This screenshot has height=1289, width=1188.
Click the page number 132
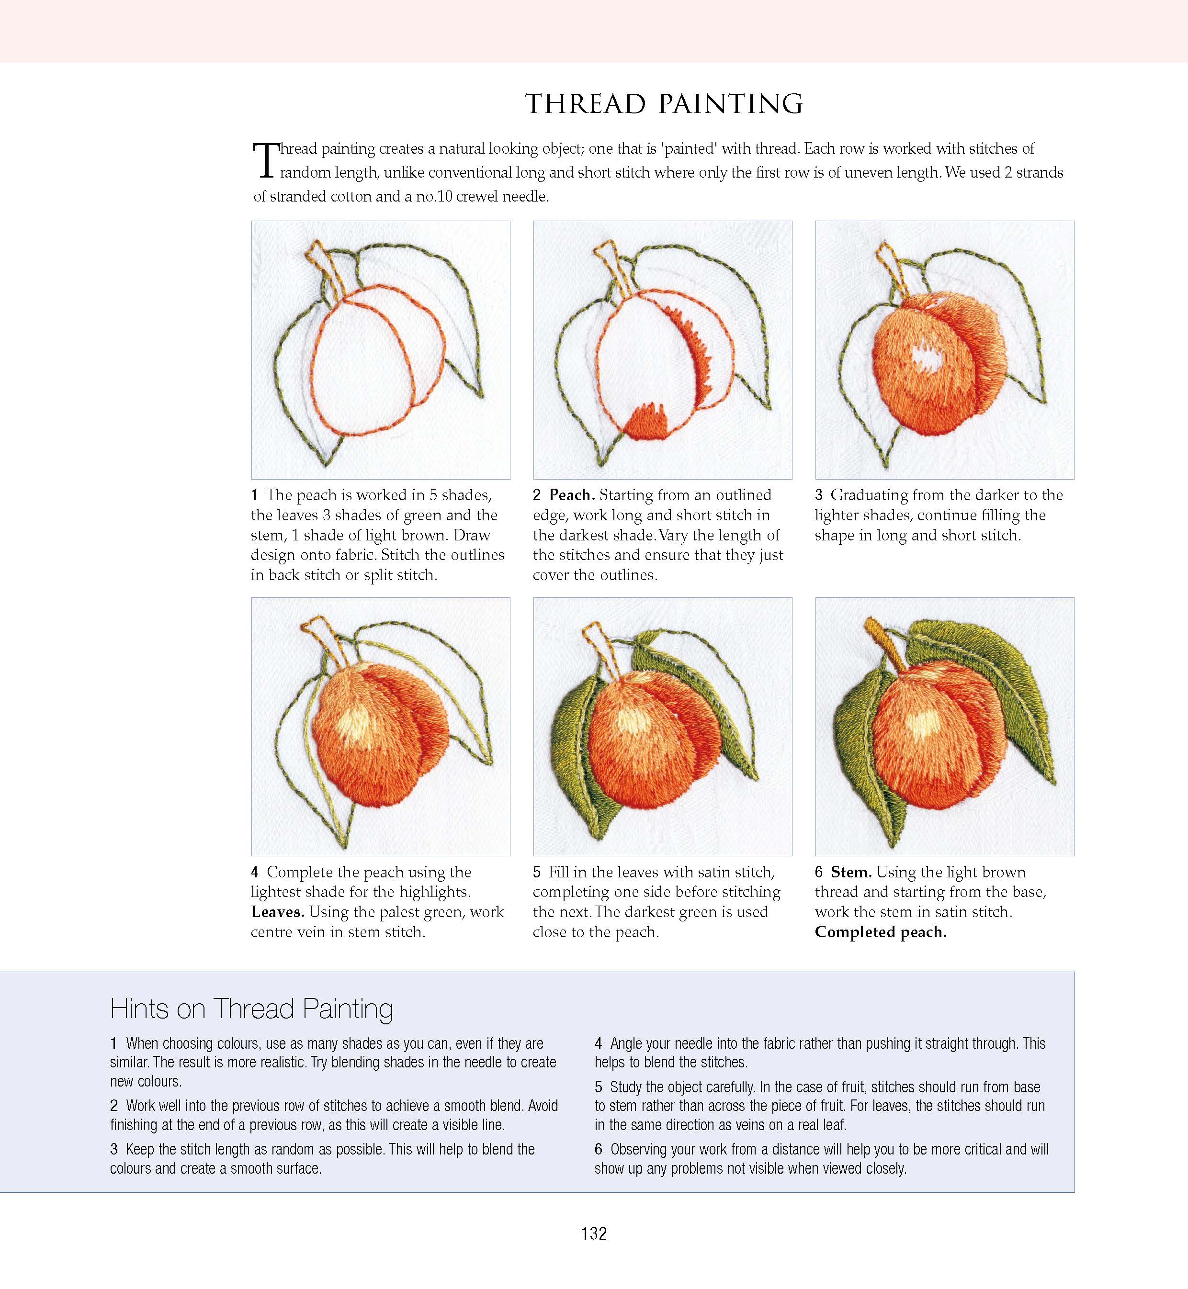[593, 1233]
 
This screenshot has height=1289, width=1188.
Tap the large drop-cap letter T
[265, 161]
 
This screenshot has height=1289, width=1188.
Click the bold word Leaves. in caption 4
[278, 912]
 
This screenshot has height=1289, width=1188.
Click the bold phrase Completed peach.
[880, 932]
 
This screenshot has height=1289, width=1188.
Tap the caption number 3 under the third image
[818, 495]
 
